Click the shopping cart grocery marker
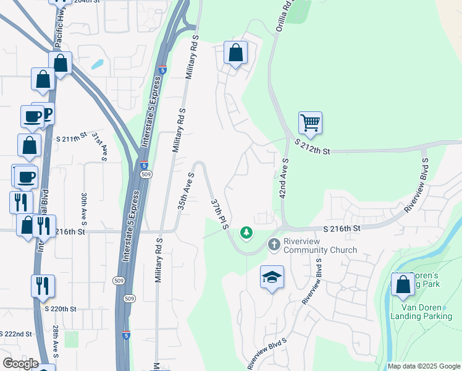(310, 122)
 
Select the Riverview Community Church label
(320, 246)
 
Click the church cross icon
(274, 245)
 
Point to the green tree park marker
(246, 232)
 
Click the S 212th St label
(313, 147)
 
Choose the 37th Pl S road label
(220, 214)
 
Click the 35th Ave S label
(187, 190)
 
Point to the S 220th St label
(61, 309)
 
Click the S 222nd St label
(16, 334)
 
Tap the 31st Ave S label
(99, 146)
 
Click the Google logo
(20, 364)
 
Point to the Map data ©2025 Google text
(424, 366)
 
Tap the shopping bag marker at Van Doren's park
(403, 284)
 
